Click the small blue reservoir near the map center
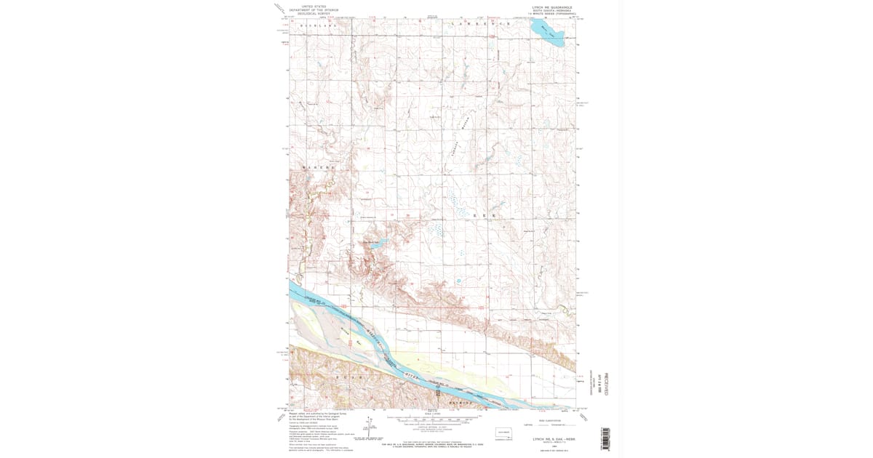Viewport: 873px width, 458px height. point(375,246)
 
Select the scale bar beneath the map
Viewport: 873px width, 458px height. point(432,419)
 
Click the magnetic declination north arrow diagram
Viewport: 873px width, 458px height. point(378,430)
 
